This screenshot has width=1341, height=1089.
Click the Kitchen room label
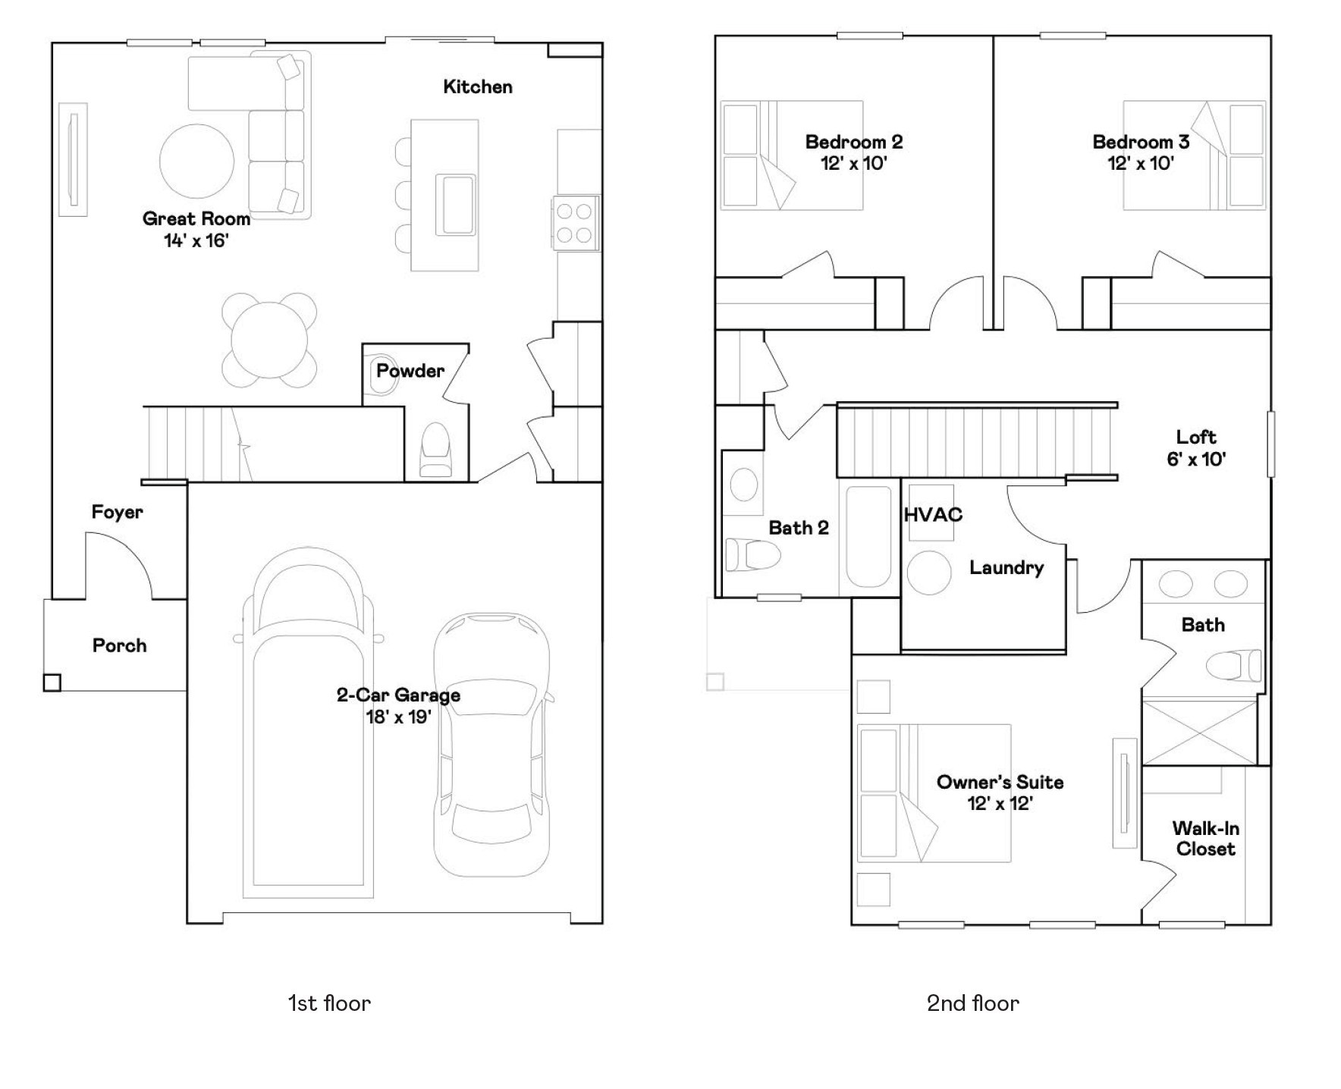477,87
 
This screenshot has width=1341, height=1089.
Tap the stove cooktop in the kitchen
574,223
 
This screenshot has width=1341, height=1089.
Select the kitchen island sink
455,204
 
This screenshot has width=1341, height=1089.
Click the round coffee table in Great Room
196,162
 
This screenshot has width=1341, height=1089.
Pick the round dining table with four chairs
269,341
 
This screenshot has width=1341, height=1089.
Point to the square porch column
52,683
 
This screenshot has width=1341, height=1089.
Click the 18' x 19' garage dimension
398,717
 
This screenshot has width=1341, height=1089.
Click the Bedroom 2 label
853,142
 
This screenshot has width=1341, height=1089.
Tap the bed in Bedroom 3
1193,155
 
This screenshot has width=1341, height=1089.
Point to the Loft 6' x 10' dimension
1196,459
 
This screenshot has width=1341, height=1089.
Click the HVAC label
933,515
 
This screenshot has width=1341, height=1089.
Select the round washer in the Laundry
928,573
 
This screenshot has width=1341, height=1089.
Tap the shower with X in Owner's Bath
1199,733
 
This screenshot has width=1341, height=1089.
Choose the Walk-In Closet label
1205,839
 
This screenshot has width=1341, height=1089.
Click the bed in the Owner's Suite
933,792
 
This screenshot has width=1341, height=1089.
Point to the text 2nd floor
972,1003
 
